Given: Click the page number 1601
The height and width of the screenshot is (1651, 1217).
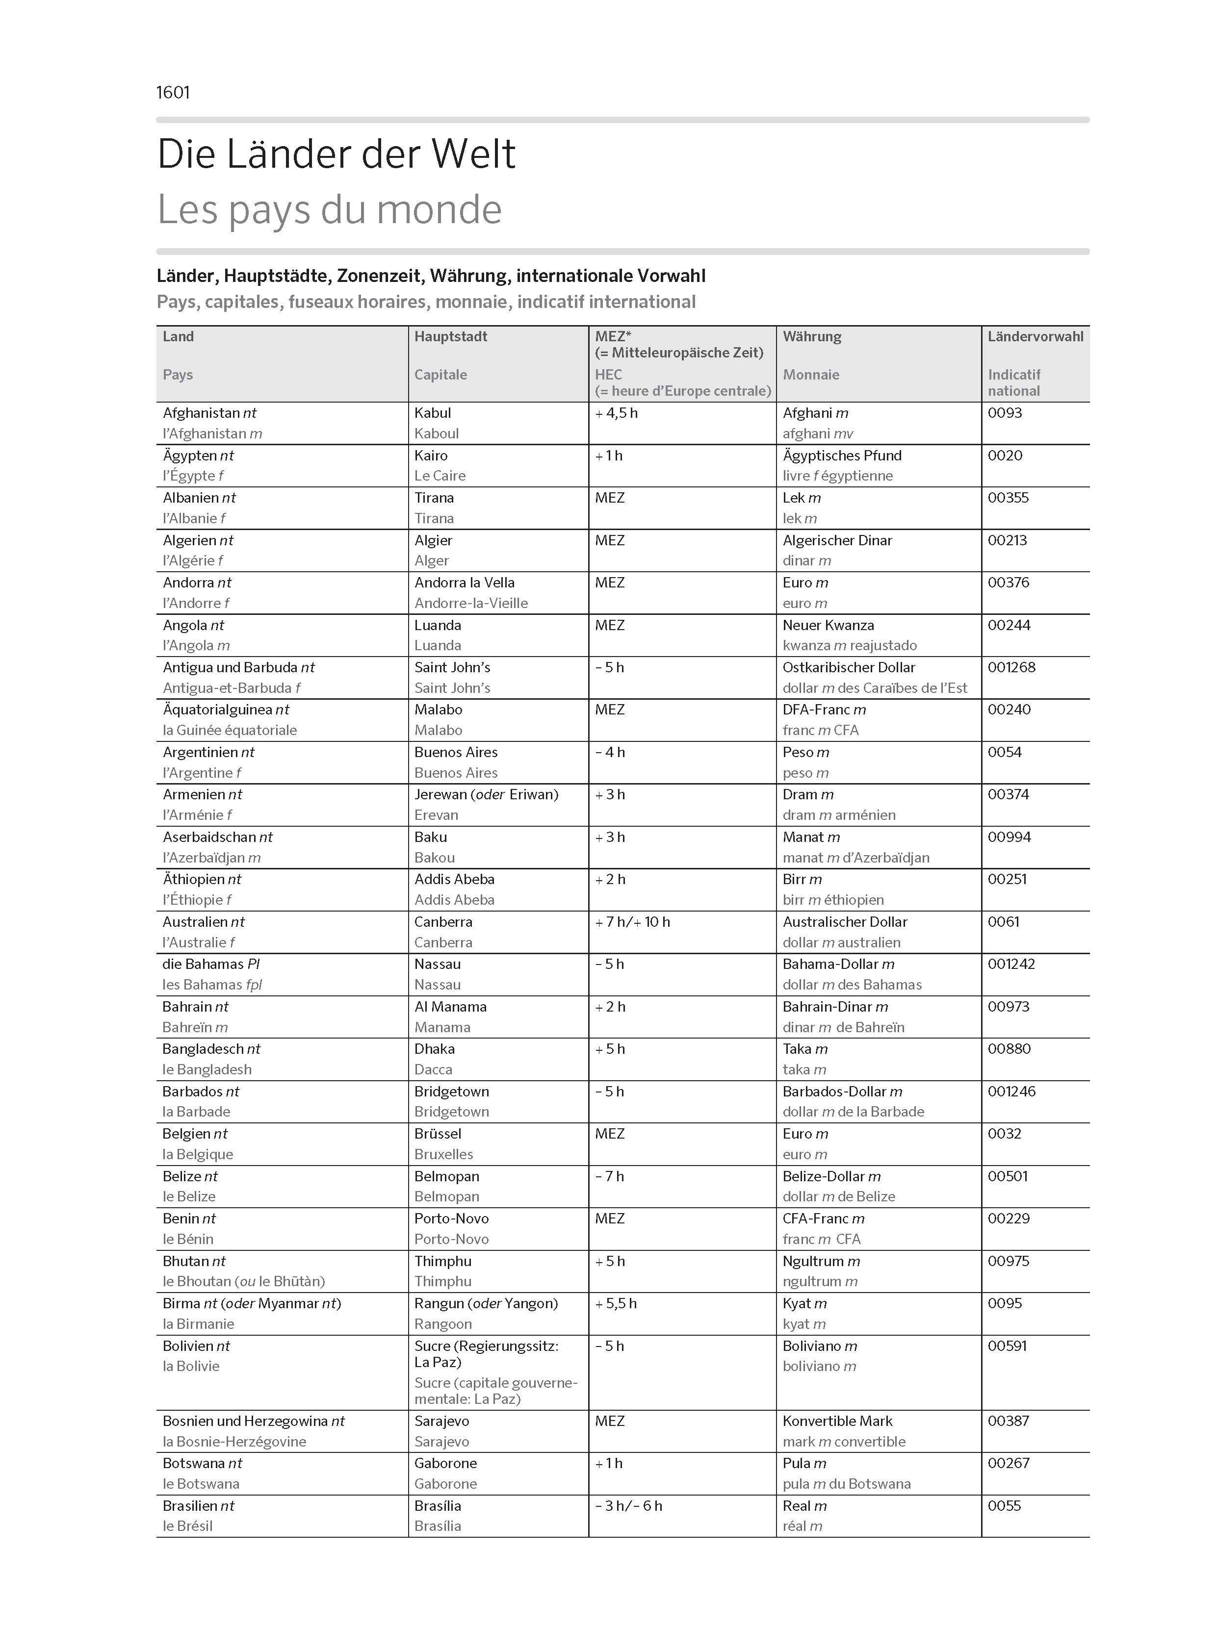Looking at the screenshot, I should pos(173,93).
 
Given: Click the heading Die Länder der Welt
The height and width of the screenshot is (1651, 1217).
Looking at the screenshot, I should pos(336,154).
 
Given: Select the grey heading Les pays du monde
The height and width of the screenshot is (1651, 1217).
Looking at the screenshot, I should pos(329,209).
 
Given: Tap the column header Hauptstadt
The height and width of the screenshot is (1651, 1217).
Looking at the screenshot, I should pos(450,336).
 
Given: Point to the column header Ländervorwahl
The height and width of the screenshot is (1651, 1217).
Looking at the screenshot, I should pos(1035,336).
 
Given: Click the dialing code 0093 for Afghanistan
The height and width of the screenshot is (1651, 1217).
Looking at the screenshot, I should pos(1005,413).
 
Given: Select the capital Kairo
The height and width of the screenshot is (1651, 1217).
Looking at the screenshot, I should pos(431,456).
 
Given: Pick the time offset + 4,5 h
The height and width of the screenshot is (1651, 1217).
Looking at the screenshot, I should pos(616,413).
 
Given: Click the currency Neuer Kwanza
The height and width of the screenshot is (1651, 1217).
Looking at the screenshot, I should pos(828,625).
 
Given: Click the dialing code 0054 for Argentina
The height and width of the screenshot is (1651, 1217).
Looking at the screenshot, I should pos(1005,753).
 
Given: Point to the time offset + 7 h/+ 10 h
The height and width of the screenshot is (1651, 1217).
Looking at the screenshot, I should pos(632,922).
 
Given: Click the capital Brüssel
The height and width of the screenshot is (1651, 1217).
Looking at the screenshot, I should pos(438,1134).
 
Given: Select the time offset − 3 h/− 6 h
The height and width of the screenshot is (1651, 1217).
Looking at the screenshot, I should pos(628,1506).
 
